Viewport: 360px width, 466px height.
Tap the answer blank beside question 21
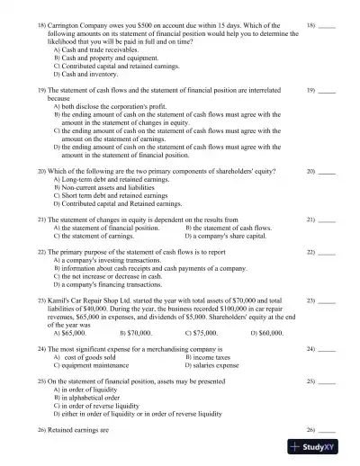point(328,220)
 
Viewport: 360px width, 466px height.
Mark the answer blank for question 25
point(328,381)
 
